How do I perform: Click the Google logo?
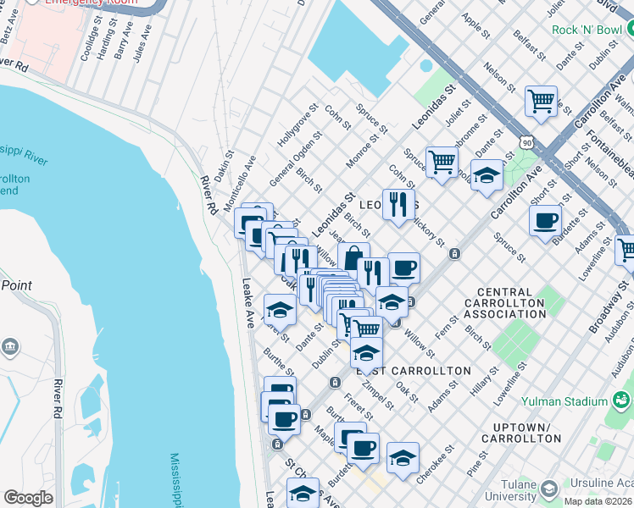point(28,498)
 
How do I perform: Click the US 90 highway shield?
point(527,145)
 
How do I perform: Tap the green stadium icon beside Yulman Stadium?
point(622,399)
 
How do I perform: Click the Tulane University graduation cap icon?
point(548,489)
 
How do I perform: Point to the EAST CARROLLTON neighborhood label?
point(413,371)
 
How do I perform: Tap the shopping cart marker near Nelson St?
point(540,102)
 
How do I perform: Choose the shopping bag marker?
point(353,257)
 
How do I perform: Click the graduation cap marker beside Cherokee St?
point(403,458)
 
